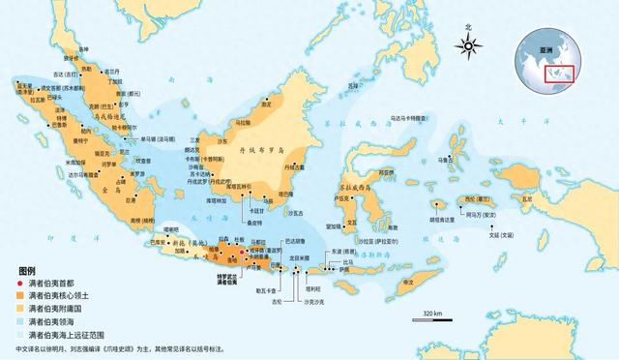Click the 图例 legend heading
tap(26, 269)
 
